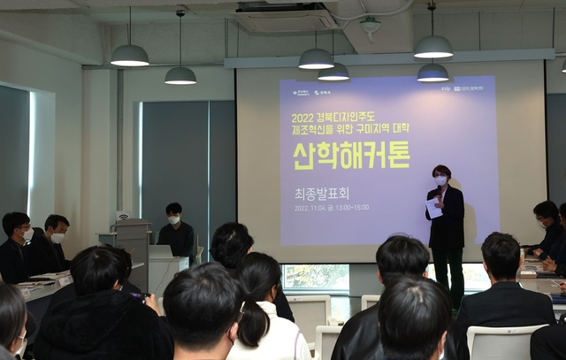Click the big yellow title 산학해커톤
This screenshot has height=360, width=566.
click(x=351, y=154)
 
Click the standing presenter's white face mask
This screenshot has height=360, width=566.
click(x=440, y=180)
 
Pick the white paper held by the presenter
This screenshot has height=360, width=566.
click(x=434, y=207)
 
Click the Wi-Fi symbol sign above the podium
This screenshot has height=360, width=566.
click(x=122, y=216)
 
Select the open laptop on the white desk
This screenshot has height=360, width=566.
click(x=160, y=251)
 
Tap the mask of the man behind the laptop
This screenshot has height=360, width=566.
click(x=174, y=219)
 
